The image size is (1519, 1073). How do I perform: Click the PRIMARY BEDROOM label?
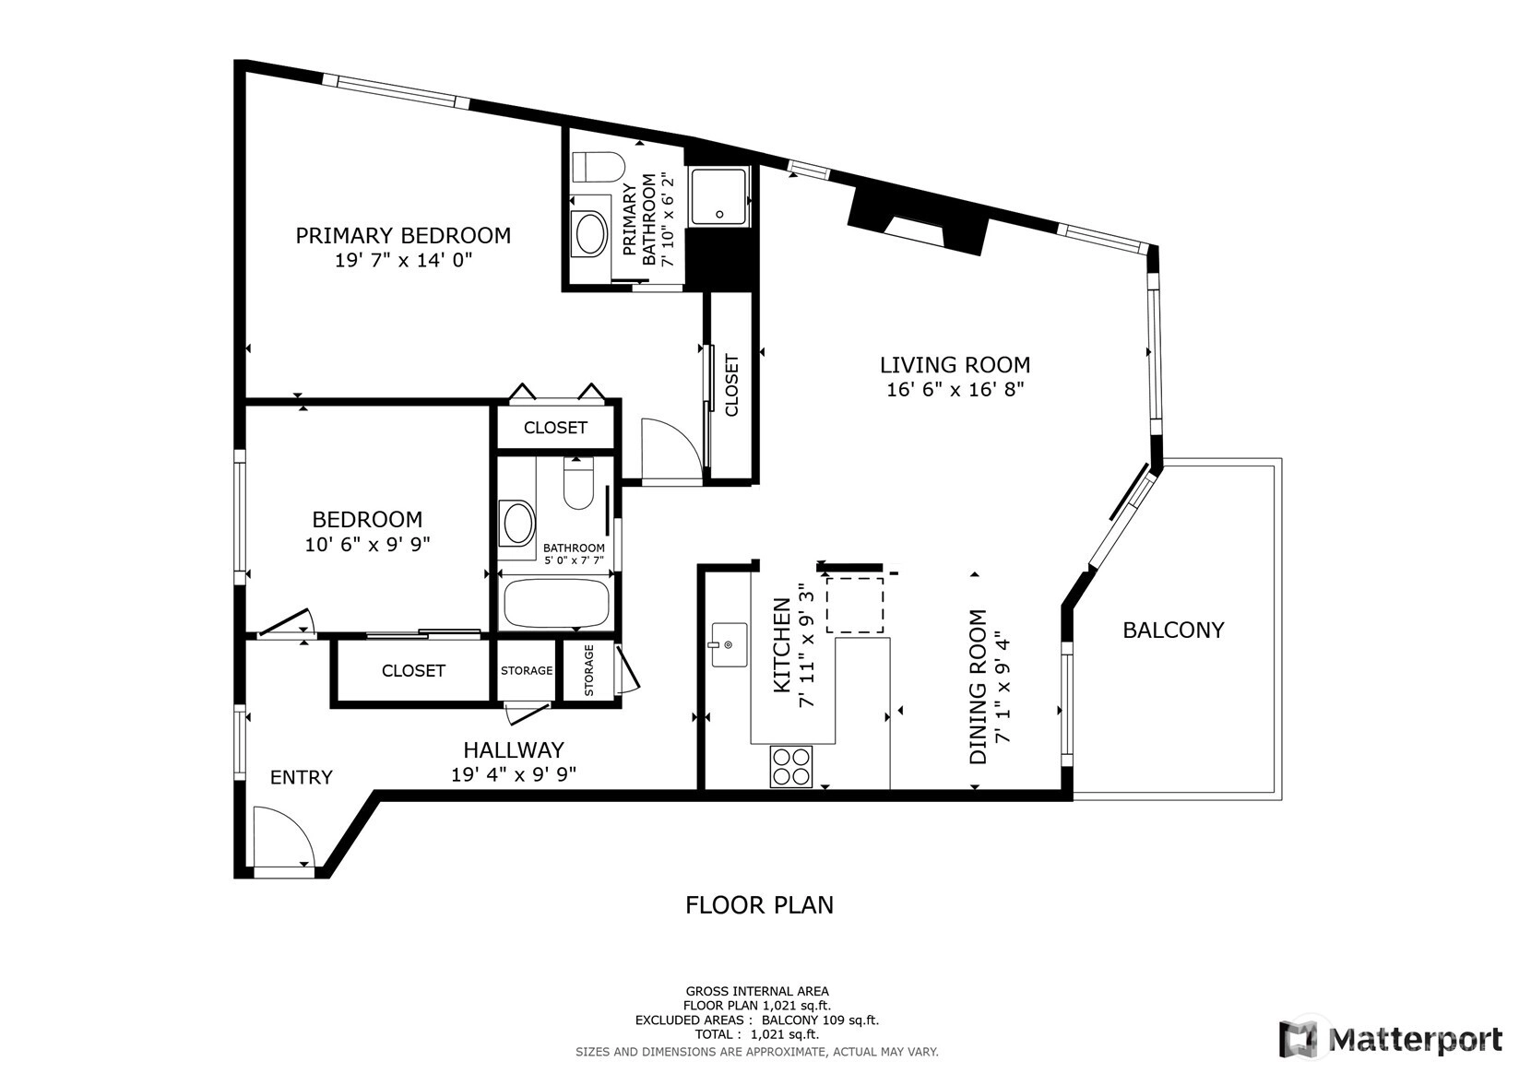click(403, 236)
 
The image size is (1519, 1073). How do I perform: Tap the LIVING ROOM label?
click(955, 365)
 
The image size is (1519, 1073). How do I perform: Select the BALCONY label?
click(1173, 631)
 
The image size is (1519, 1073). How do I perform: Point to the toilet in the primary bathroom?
click(598, 168)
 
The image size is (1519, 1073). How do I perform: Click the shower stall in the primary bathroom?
click(719, 196)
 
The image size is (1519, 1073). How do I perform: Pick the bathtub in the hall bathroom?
click(556, 603)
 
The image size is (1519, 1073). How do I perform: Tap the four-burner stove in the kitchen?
click(790, 766)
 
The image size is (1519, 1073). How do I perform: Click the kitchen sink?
click(729, 644)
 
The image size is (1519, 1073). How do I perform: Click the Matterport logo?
click(1391, 1039)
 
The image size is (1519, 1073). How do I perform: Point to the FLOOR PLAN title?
click(759, 905)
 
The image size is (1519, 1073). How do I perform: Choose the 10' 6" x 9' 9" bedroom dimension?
click(368, 544)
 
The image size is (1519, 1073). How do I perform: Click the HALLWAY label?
click(514, 749)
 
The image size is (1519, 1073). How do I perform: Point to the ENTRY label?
click(301, 777)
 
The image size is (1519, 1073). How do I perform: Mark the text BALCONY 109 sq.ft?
click(820, 1020)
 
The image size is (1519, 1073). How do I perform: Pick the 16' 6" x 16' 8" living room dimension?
click(955, 390)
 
